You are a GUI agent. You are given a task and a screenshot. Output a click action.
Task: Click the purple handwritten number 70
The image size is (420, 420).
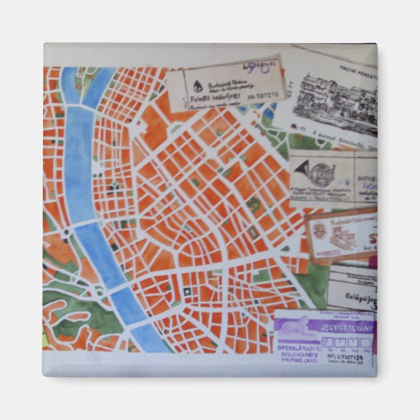pos(256,67)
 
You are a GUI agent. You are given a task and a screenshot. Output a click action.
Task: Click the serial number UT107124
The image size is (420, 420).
pos(349,357)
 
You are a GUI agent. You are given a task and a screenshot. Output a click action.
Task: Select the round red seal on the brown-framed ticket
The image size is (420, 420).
pos(320,230)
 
